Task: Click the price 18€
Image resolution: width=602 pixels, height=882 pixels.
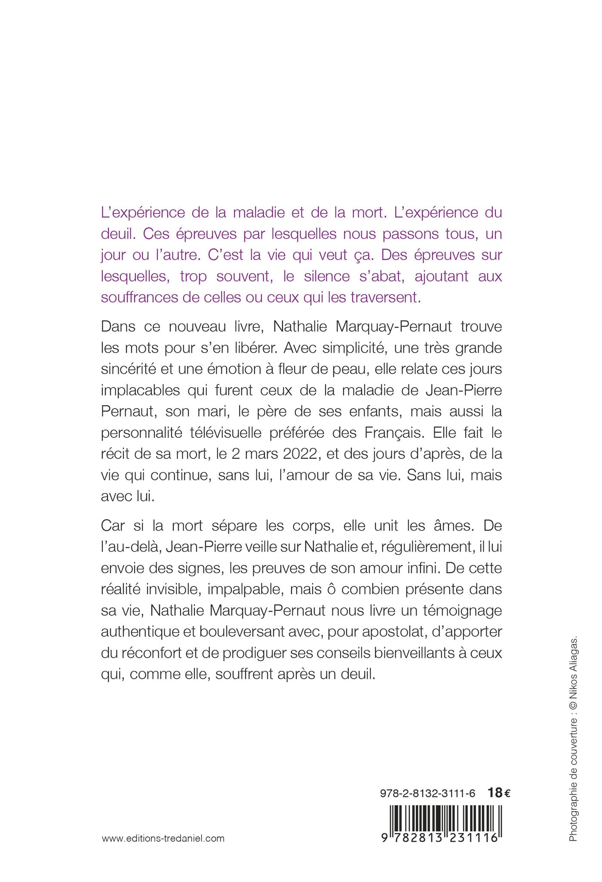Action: [x=499, y=793]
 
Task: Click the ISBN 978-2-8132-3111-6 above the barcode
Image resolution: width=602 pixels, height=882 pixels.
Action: [x=428, y=793]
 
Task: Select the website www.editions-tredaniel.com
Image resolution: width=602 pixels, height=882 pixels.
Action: [x=163, y=838]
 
